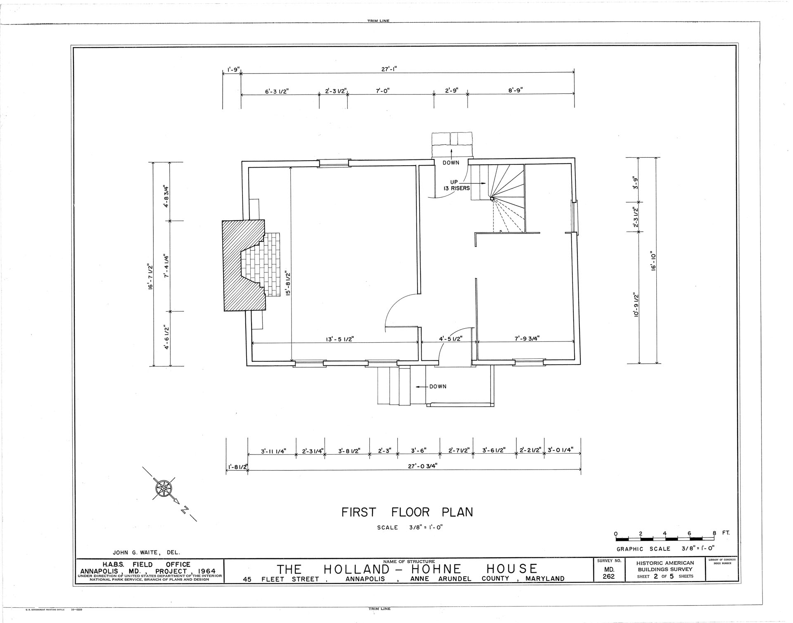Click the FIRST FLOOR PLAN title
point(407,512)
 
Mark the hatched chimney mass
point(244,265)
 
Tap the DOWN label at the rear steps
point(451,163)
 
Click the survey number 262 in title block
point(609,576)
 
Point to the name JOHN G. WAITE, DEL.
point(147,552)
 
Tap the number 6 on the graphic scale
point(689,533)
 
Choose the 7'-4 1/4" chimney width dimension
point(167,266)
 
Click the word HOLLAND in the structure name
point(357,569)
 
